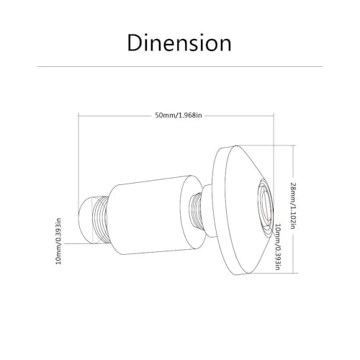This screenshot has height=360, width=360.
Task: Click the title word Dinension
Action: (179, 42)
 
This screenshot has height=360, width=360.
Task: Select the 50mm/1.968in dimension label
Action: (179, 115)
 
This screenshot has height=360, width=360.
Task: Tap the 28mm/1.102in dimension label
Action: (292, 206)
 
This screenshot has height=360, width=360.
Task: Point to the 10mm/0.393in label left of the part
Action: (58, 240)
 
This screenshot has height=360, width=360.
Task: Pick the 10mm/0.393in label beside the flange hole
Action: (277, 247)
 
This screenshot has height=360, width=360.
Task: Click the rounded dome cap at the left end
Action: (86, 220)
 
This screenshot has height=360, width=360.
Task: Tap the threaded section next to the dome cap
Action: (99, 220)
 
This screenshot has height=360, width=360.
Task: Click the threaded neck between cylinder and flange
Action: (196, 211)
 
